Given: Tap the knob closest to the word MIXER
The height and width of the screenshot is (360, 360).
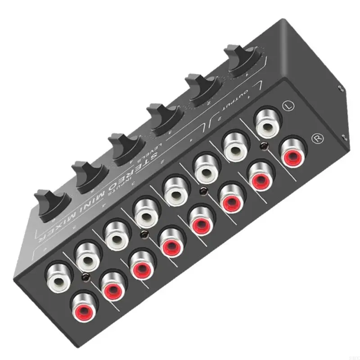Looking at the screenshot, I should (49, 204).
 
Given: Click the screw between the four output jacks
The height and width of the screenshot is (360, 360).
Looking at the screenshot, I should (262, 148).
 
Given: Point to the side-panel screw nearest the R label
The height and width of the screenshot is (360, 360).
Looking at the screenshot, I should (344, 137).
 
